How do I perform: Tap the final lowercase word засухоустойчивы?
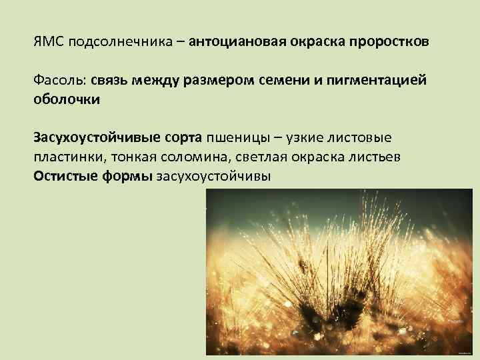click(x=214, y=175)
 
